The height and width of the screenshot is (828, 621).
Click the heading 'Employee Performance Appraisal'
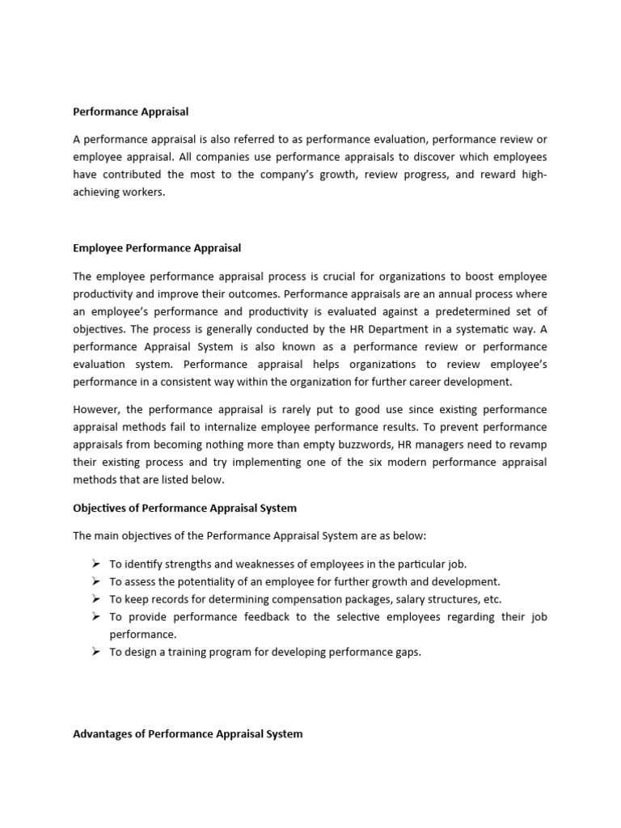pos(157,247)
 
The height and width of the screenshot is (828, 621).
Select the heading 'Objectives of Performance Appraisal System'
pos(185,508)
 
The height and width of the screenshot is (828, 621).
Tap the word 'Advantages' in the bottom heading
pos(102,733)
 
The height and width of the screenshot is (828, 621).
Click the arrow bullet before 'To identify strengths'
pos(94,564)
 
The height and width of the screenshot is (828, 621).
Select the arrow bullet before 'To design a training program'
pos(94,653)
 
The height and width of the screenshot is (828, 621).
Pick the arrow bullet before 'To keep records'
pos(94,599)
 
